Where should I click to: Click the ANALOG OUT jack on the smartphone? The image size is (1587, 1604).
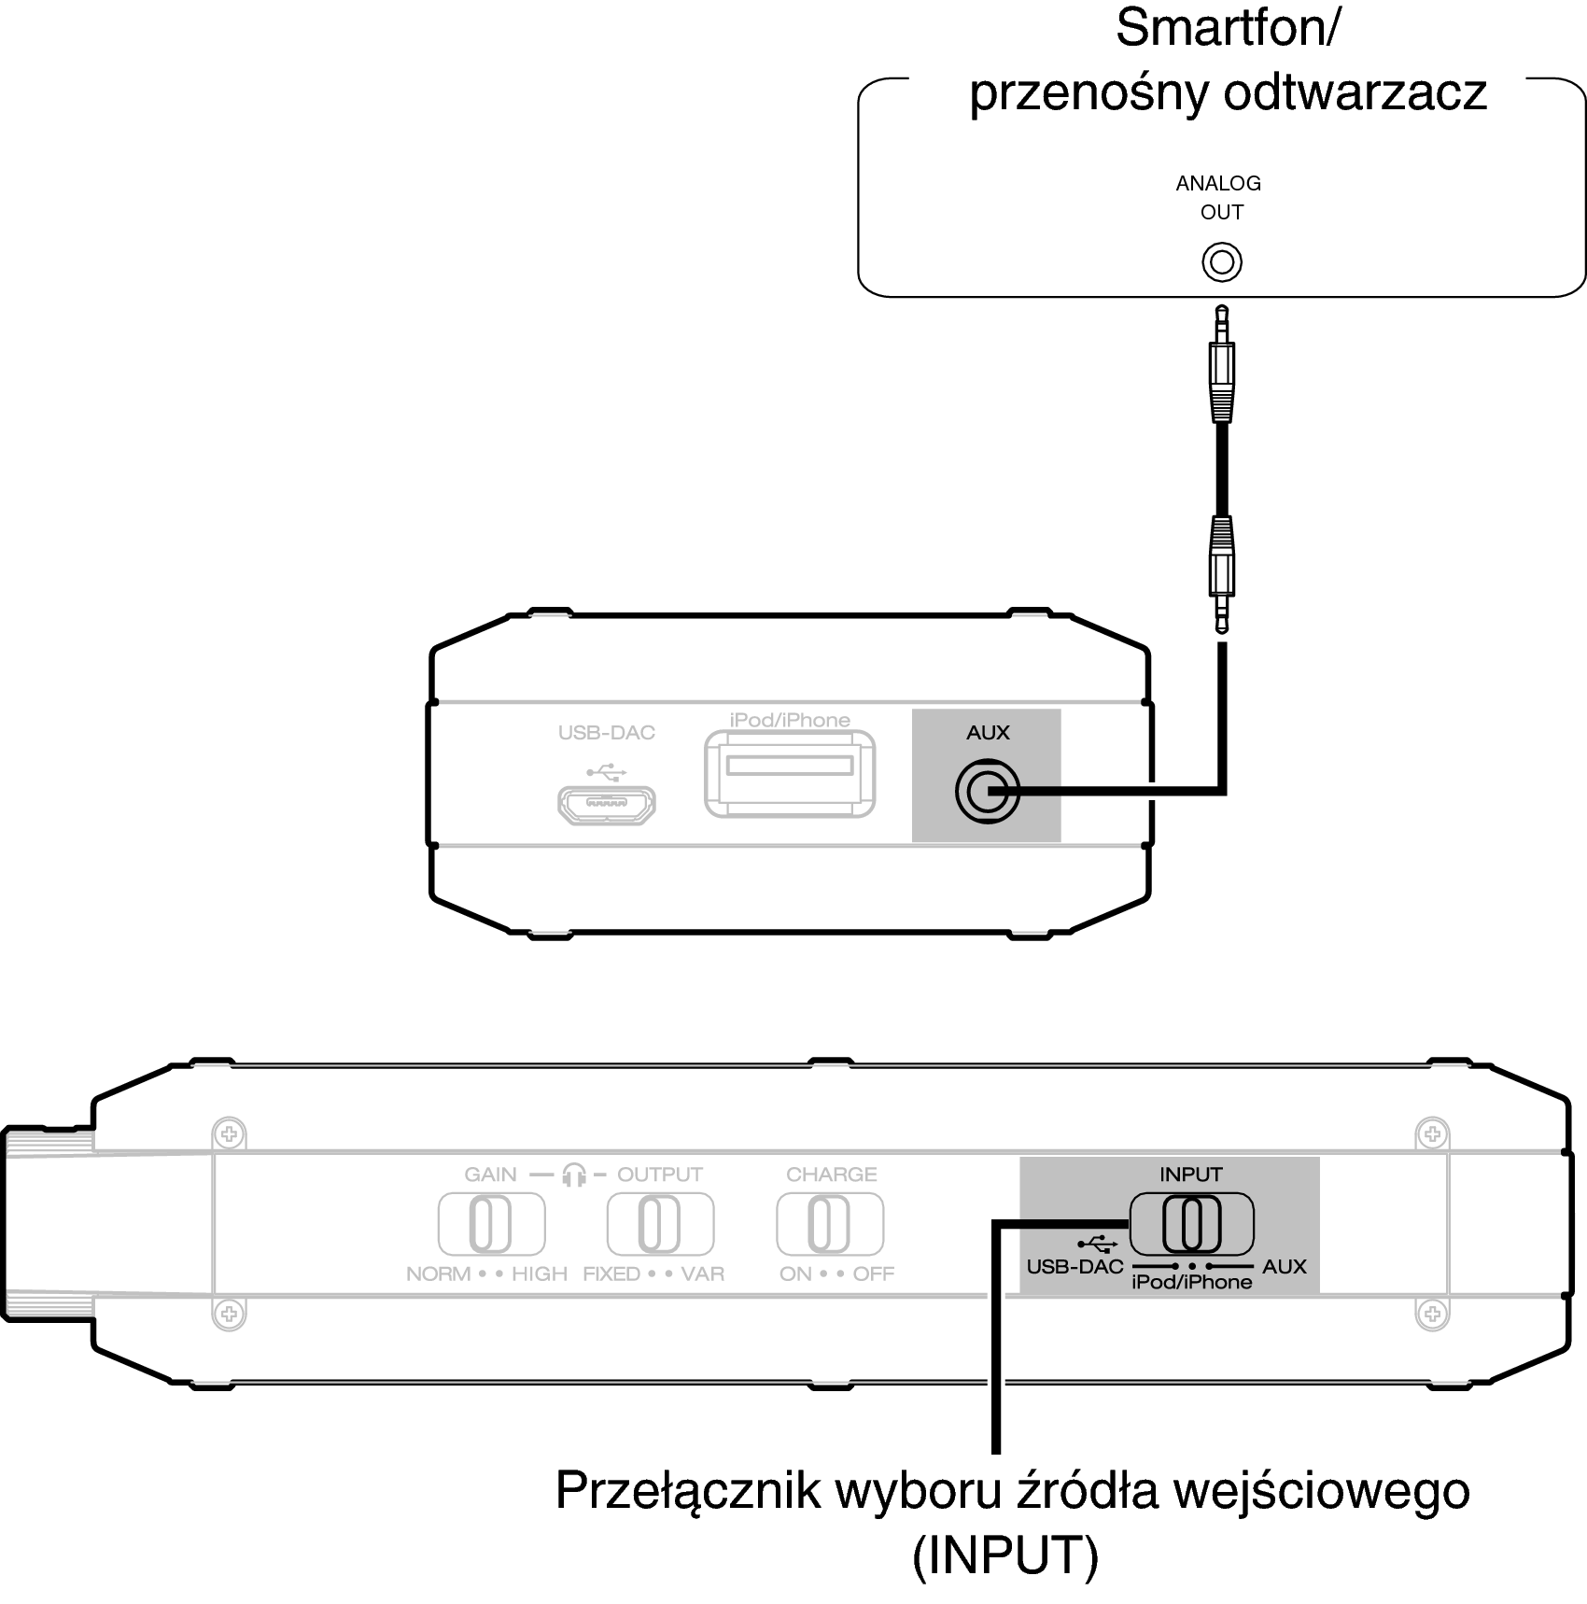(x=1222, y=262)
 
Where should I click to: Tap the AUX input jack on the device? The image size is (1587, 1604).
(x=987, y=792)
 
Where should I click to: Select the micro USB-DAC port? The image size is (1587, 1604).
(x=607, y=805)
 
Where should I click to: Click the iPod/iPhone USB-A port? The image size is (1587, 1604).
(x=790, y=773)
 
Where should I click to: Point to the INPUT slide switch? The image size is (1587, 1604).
(x=1191, y=1224)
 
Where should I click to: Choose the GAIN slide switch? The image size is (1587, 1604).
(x=491, y=1224)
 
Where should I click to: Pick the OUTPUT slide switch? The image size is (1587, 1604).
(x=660, y=1224)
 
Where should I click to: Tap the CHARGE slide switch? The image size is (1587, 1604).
(x=829, y=1224)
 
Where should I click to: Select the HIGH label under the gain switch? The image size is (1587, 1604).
(x=540, y=1273)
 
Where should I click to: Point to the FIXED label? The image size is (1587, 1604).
(x=611, y=1273)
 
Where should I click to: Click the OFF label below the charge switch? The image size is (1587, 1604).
(x=874, y=1273)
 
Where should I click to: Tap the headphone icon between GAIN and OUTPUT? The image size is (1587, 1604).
(x=574, y=1175)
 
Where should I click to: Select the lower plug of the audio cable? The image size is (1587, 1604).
(x=1222, y=575)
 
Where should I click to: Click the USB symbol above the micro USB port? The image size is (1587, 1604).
(x=607, y=773)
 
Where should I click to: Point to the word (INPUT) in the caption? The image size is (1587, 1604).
(x=1005, y=1555)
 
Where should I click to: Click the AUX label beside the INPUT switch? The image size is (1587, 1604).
(x=1285, y=1267)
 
